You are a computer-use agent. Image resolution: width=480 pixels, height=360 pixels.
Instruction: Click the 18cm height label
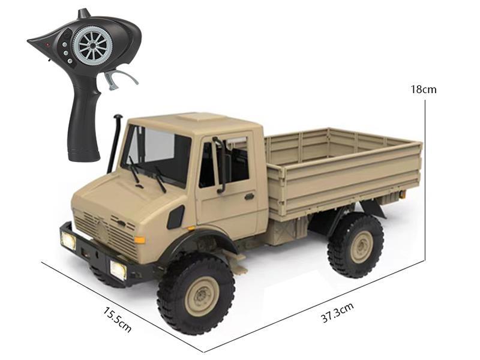tap(423, 89)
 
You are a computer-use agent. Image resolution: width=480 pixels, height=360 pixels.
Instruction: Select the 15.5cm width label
tap(117, 319)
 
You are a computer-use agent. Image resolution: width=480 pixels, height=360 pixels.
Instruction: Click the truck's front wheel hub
tap(197, 296)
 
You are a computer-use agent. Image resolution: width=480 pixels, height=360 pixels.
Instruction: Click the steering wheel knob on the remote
tap(93, 44)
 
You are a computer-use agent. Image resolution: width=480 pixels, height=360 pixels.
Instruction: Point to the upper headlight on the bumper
tap(68, 241)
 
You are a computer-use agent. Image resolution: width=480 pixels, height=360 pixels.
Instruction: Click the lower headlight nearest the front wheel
tap(118, 269)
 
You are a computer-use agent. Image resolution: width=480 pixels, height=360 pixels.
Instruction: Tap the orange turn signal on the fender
tap(140, 240)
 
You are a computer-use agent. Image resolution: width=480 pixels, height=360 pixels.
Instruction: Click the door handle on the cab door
tap(248, 196)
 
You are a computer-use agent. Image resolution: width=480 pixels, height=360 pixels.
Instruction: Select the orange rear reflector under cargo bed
tap(402, 194)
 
